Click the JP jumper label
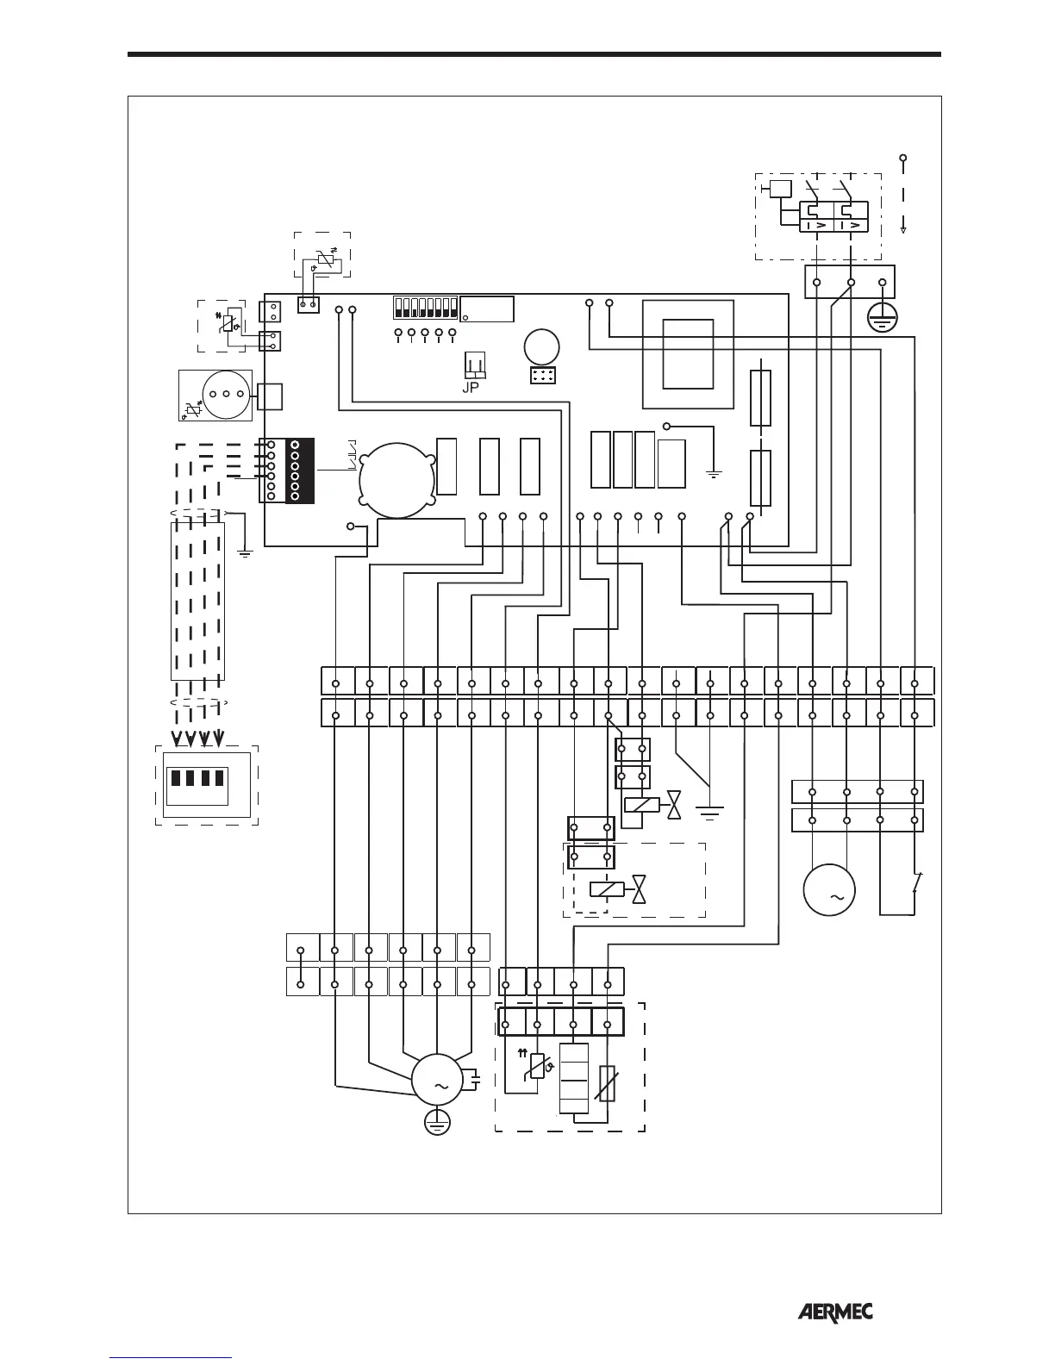pos(471,387)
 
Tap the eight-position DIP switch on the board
pos(423,309)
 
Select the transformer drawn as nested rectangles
pos(689,353)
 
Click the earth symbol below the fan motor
pos(438,1122)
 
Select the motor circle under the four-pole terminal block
pos(829,891)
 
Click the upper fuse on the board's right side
pos(760,398)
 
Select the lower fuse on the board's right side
pos(760,477)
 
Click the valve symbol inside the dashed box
pos(639,889)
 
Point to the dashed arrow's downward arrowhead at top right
pos(902,228)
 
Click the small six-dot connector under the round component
pos(542,376)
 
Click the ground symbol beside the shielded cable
pos(246,552)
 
